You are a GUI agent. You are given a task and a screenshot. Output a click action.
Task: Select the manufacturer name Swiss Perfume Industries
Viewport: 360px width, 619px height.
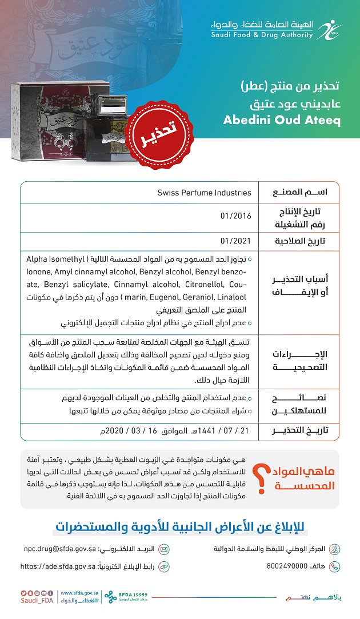pos(204,193)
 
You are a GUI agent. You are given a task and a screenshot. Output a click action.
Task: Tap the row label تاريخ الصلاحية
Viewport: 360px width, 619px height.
pos(298,241)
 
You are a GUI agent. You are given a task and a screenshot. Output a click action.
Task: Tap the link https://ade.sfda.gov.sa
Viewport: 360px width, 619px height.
pos(58,566)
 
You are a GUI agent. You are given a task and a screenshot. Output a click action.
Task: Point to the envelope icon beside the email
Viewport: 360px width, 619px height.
pos(163,549)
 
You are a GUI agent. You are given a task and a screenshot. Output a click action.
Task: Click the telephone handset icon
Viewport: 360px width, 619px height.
pos(335,566)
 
